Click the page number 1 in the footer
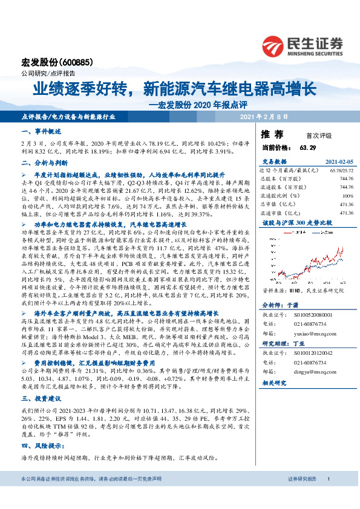(x=328, y=496)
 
